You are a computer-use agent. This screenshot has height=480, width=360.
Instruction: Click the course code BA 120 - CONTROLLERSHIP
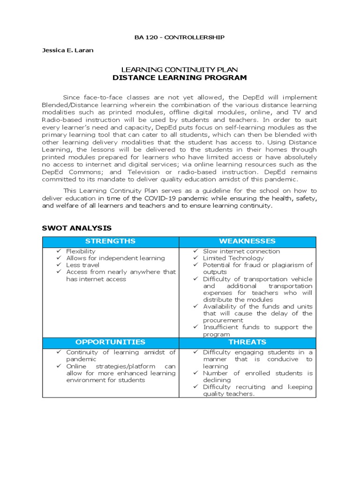(180, 37)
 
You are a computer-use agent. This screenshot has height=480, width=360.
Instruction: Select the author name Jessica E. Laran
(67, 50)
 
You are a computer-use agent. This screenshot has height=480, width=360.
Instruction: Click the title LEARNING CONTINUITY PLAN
(180, 69)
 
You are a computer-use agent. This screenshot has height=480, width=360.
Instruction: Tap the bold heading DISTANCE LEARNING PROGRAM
(180, 77)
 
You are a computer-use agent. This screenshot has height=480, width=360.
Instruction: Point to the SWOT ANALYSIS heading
(77, 228)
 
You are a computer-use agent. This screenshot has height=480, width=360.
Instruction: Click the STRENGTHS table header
(111, 241)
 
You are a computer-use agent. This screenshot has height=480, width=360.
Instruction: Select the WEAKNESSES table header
(247, 241)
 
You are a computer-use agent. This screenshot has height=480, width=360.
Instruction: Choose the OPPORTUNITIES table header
(111, 342)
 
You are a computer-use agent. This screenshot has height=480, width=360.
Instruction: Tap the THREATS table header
(247, 342)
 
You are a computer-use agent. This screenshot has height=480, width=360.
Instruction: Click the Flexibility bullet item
(81, 251)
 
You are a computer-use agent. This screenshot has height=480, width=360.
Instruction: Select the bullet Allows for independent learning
(115, 258)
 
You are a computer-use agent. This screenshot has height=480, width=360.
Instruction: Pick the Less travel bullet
(82, 265)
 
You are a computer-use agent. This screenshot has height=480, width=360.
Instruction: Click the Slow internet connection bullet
(241, 251)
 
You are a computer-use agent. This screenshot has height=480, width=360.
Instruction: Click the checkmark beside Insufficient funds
(196, 327)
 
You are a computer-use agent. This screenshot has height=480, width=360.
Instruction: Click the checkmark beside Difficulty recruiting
(196, 387)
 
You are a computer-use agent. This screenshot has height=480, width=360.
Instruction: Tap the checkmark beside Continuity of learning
(59, 352)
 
